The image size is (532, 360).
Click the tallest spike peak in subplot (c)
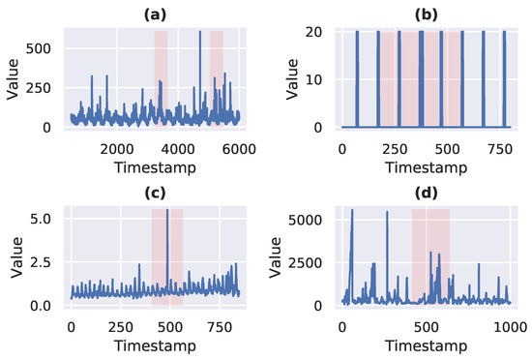pyautogui.click(x=167, y=210)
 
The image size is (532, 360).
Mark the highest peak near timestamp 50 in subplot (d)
pyautogui.click(x=352, y=210)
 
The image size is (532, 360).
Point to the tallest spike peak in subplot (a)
pyautogui.click(x=200, y=32)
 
